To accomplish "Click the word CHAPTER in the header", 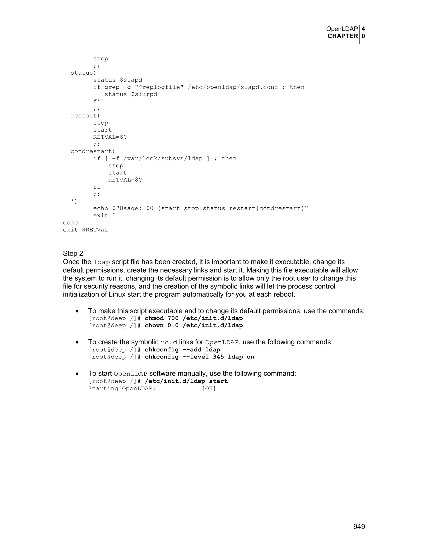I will (343, 36).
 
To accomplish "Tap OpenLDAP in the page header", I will (342, 29).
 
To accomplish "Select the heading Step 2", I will (73, 253).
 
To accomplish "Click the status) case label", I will (83, 73).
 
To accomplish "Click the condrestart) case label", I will (93, 151).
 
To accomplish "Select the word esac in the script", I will (70, 223).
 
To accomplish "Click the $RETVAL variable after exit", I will (95, 230).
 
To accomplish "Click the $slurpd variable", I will (144, 94).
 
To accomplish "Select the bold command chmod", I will (154, 318).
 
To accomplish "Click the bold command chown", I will (154, 326).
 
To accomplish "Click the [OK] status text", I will (209, 389).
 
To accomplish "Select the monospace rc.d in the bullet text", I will (169, 342).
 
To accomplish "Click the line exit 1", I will (104, 216).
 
